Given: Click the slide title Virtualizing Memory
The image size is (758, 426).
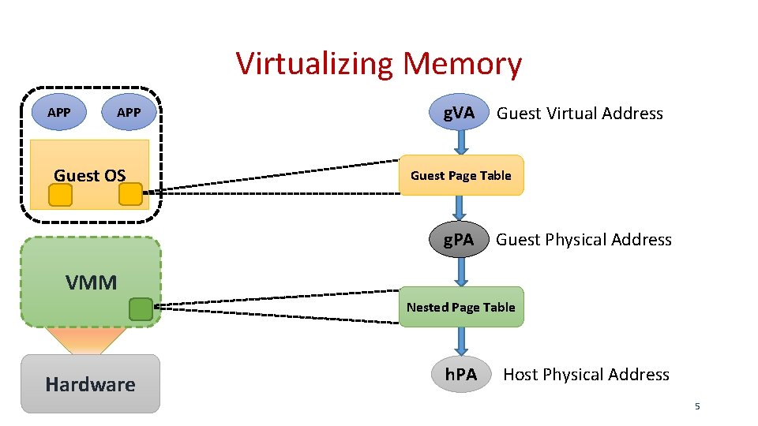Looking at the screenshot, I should pos(379,64).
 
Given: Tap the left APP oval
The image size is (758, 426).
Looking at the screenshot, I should pos(59,113).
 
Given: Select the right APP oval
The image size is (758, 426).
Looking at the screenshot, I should pos(129,113).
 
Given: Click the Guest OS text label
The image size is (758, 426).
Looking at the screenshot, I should pos(89,175).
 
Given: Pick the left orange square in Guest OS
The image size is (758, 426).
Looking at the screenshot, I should pos(60,195).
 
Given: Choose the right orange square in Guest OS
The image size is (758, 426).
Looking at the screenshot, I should pos(130,194).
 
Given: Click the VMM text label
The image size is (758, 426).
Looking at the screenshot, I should pos(92,282).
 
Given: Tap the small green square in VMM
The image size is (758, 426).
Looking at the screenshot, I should pos(141,309).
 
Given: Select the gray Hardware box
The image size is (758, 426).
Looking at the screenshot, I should pos(90,384).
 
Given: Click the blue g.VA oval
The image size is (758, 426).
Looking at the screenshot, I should pos(460,113).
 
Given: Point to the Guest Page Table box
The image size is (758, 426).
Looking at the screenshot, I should pos(461,175).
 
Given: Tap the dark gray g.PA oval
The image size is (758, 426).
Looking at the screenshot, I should pos(460,240).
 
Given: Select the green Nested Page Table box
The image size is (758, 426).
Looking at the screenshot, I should pos(461,307).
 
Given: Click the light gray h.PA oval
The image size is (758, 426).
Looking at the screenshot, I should pos(461,375).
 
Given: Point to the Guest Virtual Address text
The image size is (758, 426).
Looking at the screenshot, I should pos(580,114).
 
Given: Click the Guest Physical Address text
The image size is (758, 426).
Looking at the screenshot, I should pos(584,240).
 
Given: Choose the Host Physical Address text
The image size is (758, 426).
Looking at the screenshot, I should pos(586,375).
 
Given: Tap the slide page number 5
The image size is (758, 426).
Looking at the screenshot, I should pos(697,406).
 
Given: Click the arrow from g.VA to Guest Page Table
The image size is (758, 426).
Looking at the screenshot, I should pos(462,143).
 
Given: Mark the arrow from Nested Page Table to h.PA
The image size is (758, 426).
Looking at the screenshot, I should pos(462,341).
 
